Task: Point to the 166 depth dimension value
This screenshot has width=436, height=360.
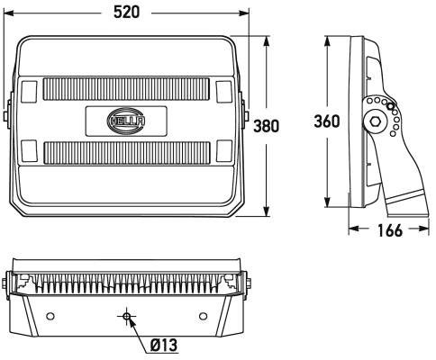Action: tap(388, 231)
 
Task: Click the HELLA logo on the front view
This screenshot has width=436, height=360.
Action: tap(126, 118)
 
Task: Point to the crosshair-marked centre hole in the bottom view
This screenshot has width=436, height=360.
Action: tap(127, 316)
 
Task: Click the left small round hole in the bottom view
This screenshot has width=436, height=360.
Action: tap(50, 316)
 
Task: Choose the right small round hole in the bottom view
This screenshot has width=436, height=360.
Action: tap(203, 316)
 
